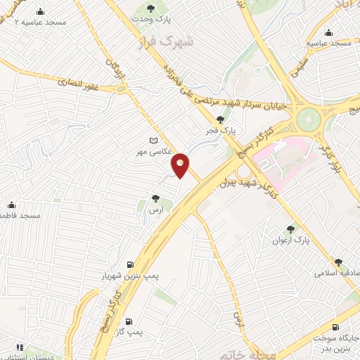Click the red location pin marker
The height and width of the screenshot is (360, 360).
tap(181, 165)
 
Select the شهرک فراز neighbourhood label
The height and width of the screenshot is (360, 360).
tap(157, 41)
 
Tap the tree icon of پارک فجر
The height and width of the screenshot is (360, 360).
tap(221, 120)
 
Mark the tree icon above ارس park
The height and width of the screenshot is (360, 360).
tap(155, 199)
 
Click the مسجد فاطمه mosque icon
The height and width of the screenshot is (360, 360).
tap(11, 205)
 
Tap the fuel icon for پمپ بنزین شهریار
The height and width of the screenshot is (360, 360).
tap(129, 265)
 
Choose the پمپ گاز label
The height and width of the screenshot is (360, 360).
tap(149, 330)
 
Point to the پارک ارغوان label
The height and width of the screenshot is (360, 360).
tap(291, 240)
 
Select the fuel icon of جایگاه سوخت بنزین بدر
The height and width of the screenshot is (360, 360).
tap(335, 327)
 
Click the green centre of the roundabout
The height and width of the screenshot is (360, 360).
tap(307, 119)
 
